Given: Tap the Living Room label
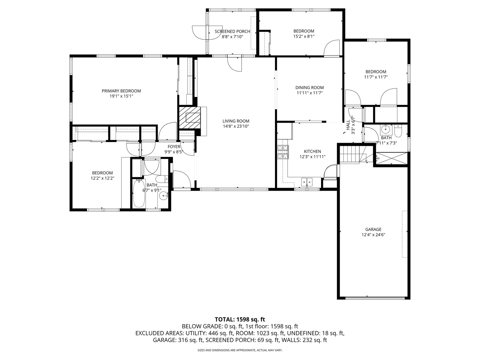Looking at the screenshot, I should click(236, 121).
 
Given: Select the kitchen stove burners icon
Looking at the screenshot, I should click(283, 152).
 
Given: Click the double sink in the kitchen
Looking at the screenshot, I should click(307, 182).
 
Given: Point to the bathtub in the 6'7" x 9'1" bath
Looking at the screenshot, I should click(139, 193).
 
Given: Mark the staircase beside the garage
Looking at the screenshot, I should click(350, 155).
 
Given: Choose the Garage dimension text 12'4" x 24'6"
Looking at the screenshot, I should click(373, 235).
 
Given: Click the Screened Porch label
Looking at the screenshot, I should click(232, 31).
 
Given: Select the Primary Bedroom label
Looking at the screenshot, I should click(121, 91).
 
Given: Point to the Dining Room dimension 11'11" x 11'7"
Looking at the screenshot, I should click(309, 93).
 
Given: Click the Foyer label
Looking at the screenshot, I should click(174, 147).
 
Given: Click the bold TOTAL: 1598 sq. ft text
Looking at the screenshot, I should click(240, 319).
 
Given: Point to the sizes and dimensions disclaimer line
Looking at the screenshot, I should click(240, 350).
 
